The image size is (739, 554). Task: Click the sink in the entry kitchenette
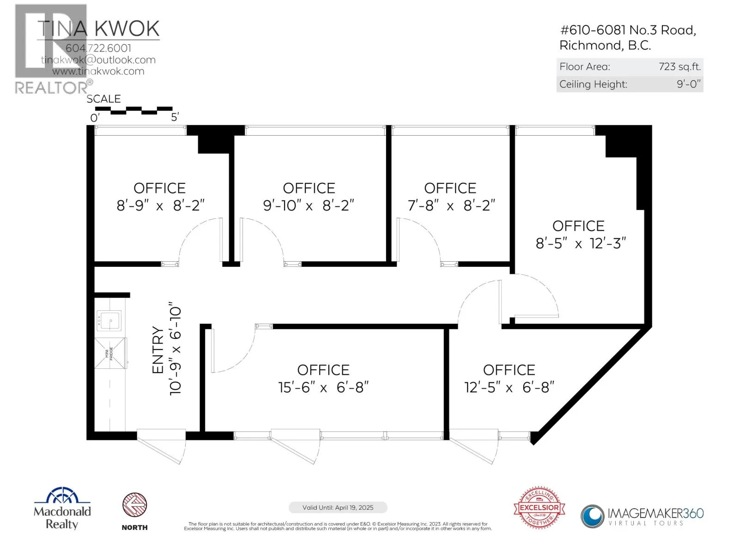[109, 320]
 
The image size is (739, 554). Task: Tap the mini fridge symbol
[110, 353]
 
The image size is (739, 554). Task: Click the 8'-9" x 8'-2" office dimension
[160, 205]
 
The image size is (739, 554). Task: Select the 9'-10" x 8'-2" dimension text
[309, 205]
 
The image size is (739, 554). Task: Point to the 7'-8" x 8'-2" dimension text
[451, 205]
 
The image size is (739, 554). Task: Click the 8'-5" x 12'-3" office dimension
[581, 243]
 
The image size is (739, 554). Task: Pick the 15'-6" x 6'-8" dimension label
[323, 387]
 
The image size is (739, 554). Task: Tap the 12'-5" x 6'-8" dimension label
[509, 387]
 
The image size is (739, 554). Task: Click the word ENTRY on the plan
[158, 350]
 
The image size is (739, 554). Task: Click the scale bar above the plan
[133, 110]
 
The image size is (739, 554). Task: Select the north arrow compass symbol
[134, 505]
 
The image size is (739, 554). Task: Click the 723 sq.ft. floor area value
[679, 66]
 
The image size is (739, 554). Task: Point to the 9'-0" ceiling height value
[688, 84]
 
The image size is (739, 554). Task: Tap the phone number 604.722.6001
[98, 48]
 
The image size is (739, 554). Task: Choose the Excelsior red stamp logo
[539, 507]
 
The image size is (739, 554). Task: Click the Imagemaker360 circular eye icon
[592, 516]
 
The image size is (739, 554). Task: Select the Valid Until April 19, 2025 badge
[338, 507]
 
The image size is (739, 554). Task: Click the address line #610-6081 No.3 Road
[628, 30]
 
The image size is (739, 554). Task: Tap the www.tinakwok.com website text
[98, 71]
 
